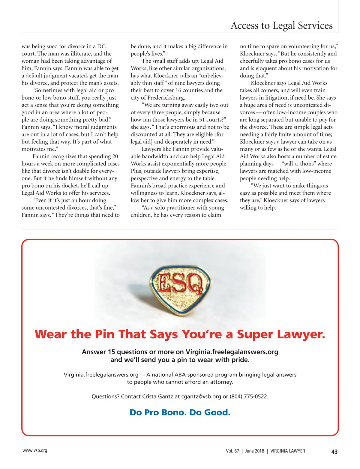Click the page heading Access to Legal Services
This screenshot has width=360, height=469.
tap(281, 26)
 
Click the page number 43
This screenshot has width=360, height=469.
tap(334, 452)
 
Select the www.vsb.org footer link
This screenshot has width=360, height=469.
tap(35, 450)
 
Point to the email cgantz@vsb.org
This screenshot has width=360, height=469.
tap(201, 396)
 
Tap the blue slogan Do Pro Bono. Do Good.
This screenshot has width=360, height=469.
tap(180, 412)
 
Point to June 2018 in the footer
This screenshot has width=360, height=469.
tap(255, 451)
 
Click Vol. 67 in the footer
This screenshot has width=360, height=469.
tap(232, 451)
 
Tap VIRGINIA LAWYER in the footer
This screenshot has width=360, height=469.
tap(288, 451)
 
